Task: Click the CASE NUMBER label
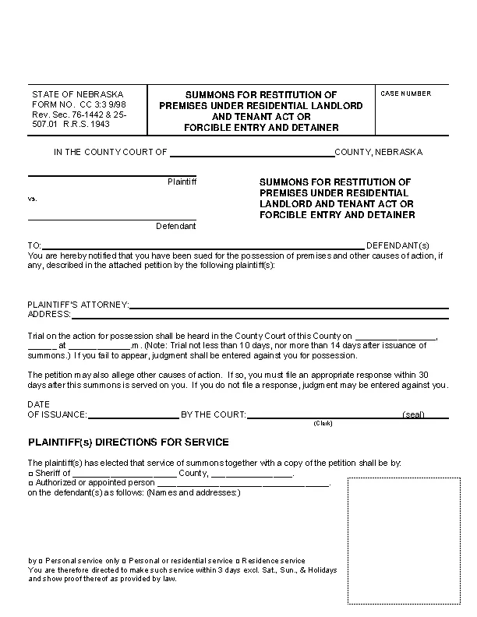[x=405, y=93]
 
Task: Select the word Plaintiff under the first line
[x=182, y=182]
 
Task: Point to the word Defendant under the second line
[x=176, y=226]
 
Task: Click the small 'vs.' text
[x=33, y=199]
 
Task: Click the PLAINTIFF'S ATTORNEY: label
[x=78, y=305]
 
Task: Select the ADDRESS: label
[x=49, y=315]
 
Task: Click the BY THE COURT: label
[x=214, y=414]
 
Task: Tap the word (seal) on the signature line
[x=413, y=414]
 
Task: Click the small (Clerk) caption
[x=323, y=423]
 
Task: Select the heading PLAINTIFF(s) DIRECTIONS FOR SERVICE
[x=128, y=442]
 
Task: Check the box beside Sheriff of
[x=30, y=473]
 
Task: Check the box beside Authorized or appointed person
[x=30, y=483]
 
